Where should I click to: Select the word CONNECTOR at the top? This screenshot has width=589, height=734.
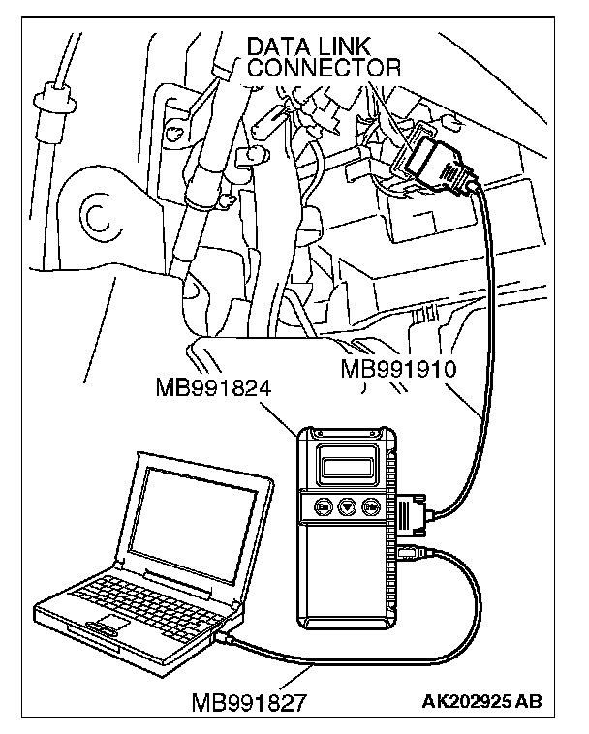click(x=325, y=68)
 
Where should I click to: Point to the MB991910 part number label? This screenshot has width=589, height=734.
click(x=399, y=370)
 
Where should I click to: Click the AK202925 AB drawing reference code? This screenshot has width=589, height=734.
click(x=481, y=700)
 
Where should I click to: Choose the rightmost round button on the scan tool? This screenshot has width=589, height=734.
click(x=369, y=505)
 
